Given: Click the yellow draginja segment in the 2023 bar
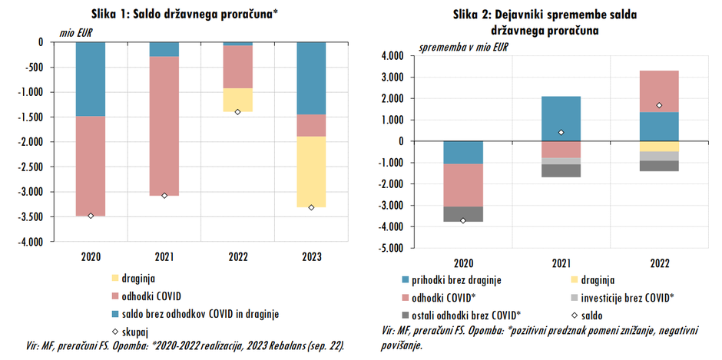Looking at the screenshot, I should click(x=311, y=172).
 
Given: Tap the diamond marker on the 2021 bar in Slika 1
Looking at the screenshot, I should click(x=164, y=196).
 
